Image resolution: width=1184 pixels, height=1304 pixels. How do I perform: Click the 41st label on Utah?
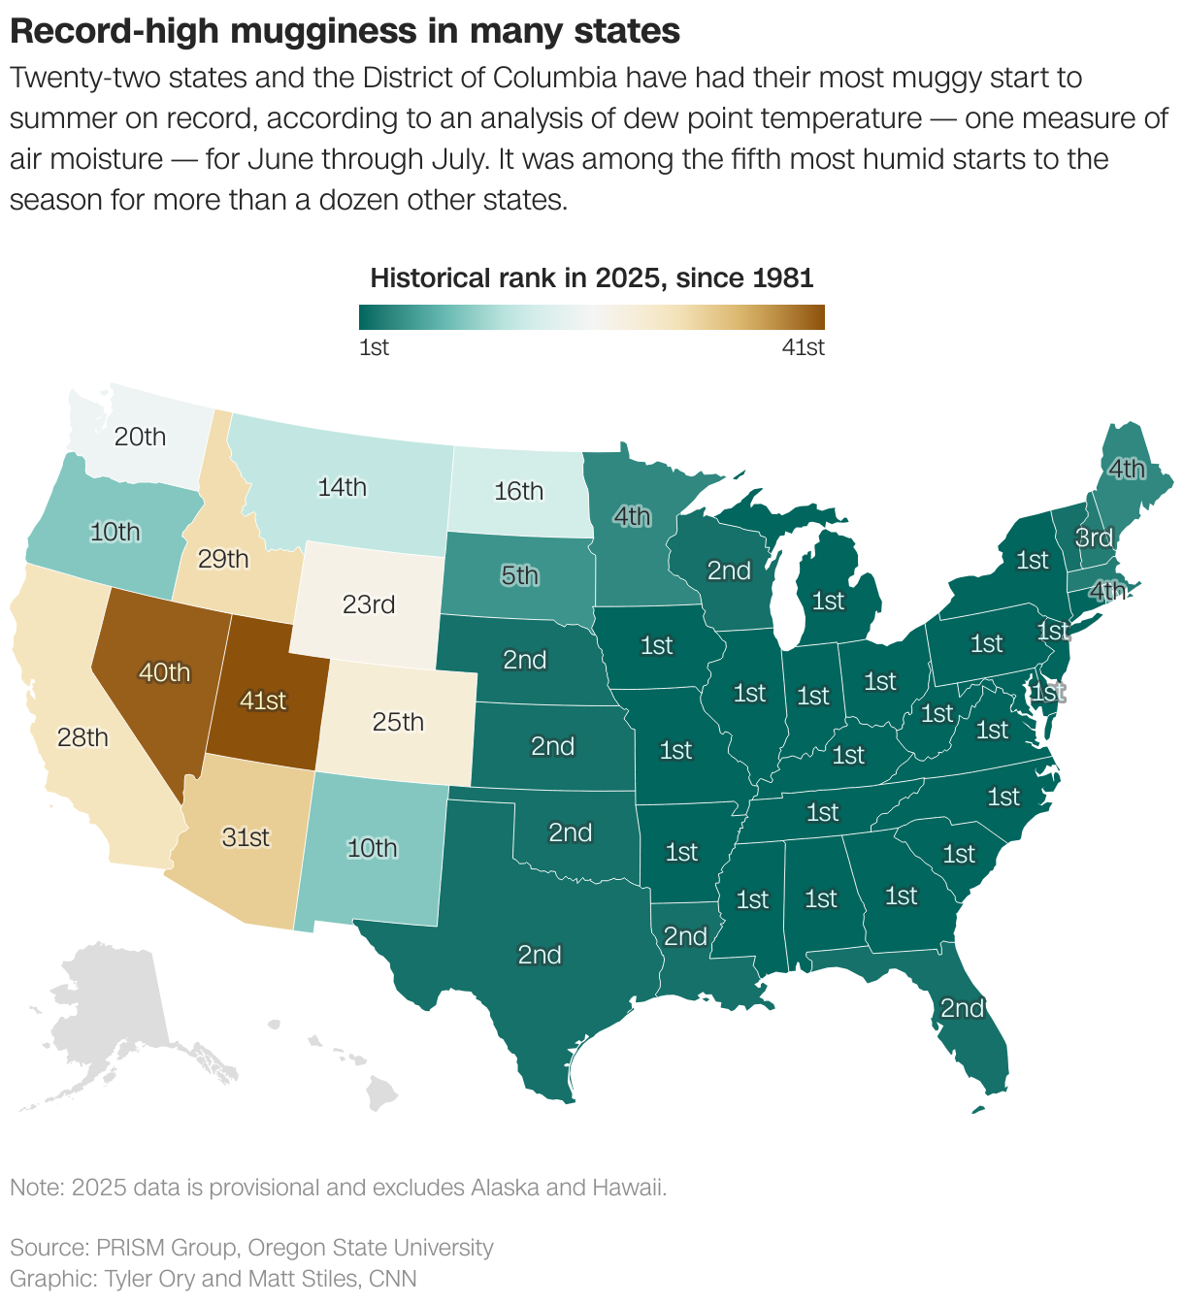tap(263, 700)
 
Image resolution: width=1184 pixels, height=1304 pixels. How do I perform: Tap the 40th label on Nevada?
tap(165, 672)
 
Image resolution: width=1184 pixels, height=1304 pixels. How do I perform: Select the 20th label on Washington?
tap(141, 437)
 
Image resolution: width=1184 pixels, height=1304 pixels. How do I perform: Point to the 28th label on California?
tap(82, 737)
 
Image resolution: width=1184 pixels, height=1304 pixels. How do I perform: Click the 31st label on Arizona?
tap(246, 836)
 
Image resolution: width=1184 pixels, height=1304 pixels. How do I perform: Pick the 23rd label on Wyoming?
tap(369, 604)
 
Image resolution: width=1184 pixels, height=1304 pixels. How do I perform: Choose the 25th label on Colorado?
tap(398, 722)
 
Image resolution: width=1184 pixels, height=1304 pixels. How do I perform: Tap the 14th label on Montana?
tap(343, 487)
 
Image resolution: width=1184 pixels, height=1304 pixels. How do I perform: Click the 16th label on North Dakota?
tap(518, 491)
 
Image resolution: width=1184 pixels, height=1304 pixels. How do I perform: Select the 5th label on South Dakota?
tap(519, 575)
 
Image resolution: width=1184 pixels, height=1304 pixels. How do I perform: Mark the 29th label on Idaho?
tap(223, 559)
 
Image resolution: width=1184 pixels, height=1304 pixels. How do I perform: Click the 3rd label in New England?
tap(1094, 538)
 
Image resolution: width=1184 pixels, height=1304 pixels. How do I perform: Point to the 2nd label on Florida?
tap(962, 1008)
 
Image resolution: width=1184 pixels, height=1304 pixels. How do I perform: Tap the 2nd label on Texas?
tap(540, 955)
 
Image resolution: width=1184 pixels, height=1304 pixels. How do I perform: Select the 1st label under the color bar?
tap(374, 347)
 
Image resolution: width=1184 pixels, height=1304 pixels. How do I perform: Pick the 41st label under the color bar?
tap(804, 347)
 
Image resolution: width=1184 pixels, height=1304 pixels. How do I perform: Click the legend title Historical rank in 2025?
tap(591, 278)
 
